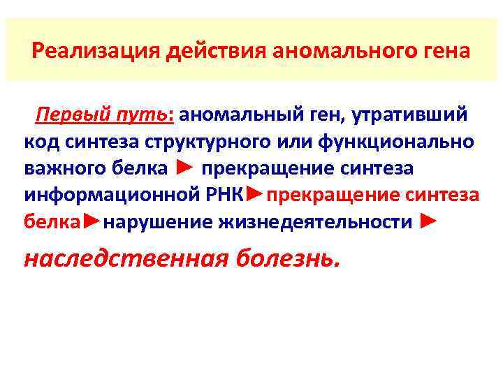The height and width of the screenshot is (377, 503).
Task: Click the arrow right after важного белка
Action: tap(184, 168)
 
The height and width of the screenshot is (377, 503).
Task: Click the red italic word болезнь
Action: tap(289, 259)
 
